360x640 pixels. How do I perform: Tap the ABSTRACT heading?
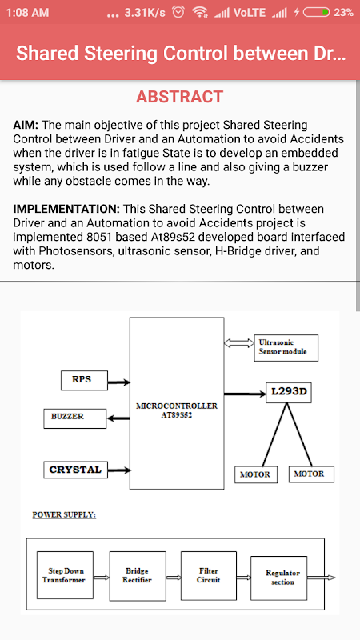[x=179, y=97]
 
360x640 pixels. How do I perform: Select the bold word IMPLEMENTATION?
[x=66, y=209]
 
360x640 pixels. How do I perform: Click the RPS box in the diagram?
[x=84, y=380]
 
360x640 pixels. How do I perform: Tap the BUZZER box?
[x=75, y=418]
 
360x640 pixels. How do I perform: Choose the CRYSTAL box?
[x=75, y=470]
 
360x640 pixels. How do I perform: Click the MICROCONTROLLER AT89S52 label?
[x=177, y=410]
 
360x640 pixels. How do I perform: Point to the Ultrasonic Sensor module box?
[x=286, y=348]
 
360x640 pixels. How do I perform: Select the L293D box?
[x=289, y=393]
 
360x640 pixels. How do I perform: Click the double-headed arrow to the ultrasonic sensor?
[x=238, y=343]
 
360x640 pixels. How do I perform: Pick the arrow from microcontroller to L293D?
[x=245, y=394]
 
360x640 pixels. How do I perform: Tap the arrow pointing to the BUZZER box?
[x=118, y=418]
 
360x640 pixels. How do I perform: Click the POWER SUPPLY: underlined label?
[x=64, y=514]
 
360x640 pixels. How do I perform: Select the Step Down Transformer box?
[x=65, y=575]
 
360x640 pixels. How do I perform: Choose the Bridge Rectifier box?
[x=138, y=576]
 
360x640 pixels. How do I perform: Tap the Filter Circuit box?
[x=209, y=575]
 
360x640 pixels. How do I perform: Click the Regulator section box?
[x=279, y=578]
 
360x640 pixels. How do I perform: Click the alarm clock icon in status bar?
[x=178, y=12]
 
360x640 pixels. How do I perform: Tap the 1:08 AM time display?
[x=28, y=13]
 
